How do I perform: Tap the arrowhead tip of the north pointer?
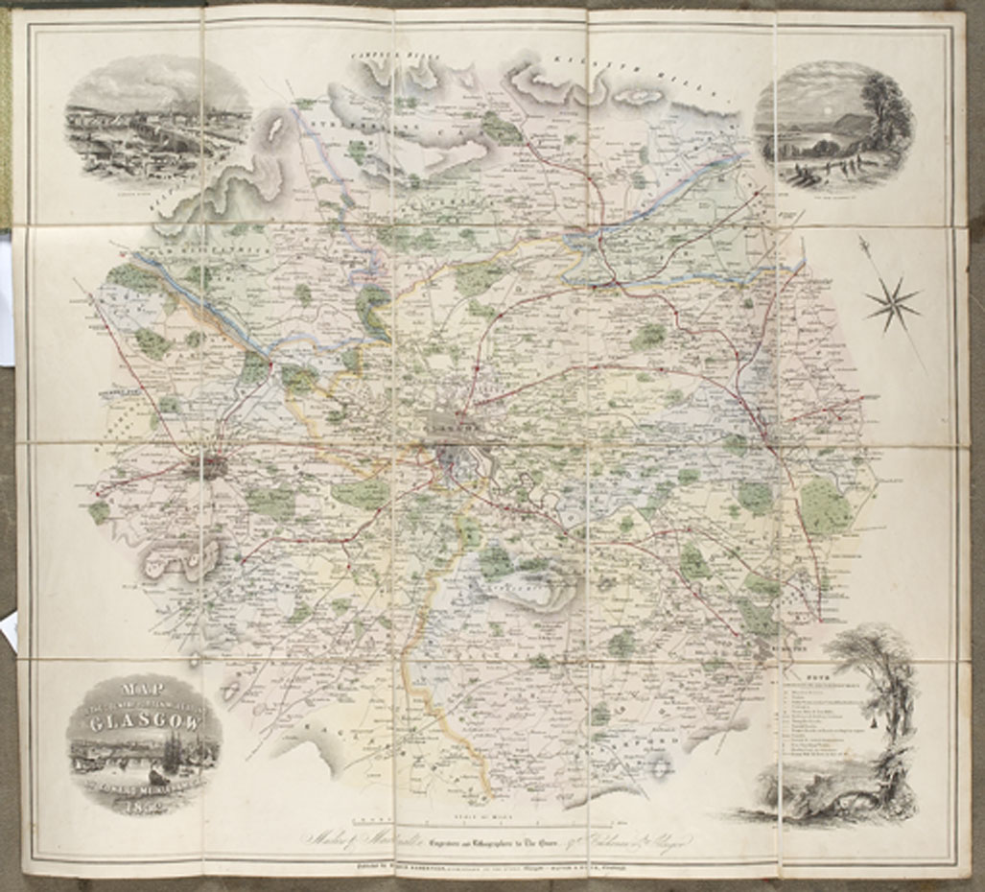click(861, 240)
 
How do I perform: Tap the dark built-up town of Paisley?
click(205, 467)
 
